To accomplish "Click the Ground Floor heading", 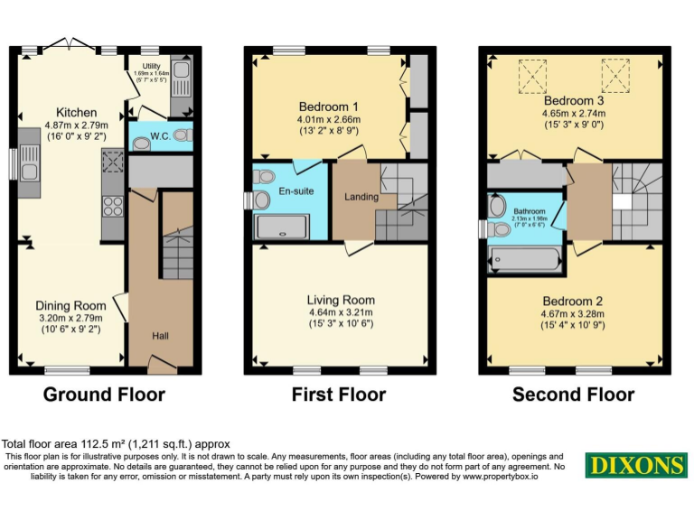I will pos(104,395).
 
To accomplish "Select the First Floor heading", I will pos(339,395).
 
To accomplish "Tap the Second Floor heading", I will pos(573,395).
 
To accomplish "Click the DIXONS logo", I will pos(635,465).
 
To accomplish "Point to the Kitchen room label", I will pos(77,113).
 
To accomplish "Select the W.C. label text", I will pos(161,136).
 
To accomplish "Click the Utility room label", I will pos(151,66).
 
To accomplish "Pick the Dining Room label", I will pos(70,305).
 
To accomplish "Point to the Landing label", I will pos(361,197).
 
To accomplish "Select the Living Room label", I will pos(341,300).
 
